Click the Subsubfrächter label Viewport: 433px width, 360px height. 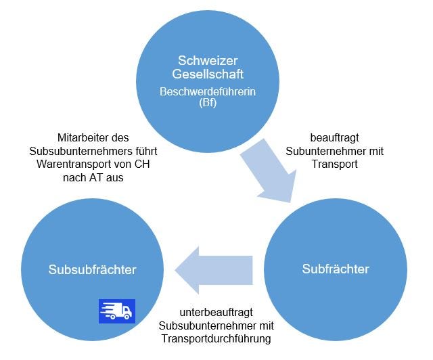click(92, 270)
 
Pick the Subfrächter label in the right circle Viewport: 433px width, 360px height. click(335, 269)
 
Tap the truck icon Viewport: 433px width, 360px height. click(117, 311)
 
